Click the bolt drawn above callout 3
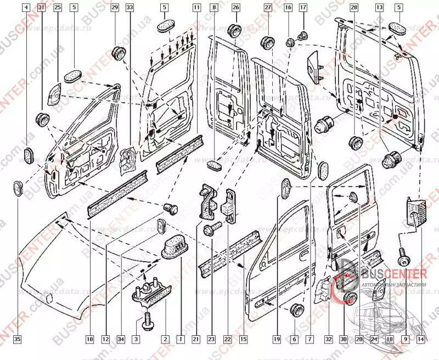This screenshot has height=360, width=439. pyautogui.click(x=147, y=318)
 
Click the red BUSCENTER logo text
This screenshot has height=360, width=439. pyautogui.click(x=392, y=274)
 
